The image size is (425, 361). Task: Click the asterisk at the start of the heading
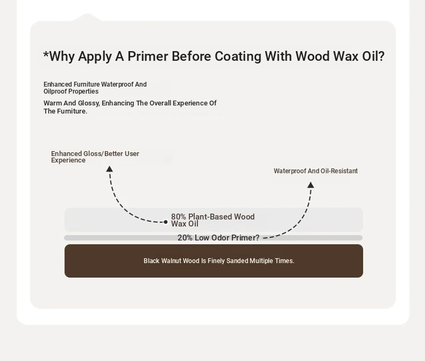[46, 54]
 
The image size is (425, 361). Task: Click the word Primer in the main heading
[148, 56]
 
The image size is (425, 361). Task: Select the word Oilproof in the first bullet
[55, 91]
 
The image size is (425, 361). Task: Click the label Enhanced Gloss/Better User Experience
[95, 157]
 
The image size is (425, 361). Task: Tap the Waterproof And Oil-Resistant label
[315, 171]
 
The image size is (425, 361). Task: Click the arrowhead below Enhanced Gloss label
[110, 169]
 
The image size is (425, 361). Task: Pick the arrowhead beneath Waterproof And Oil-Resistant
[310, 185]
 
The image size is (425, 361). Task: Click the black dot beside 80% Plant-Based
[166, 222]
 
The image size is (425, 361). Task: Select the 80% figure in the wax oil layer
[179, 217]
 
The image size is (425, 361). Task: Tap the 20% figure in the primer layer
[185, 238]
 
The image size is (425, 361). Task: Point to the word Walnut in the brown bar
[171, 261]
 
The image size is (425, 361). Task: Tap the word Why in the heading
[62, 56]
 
